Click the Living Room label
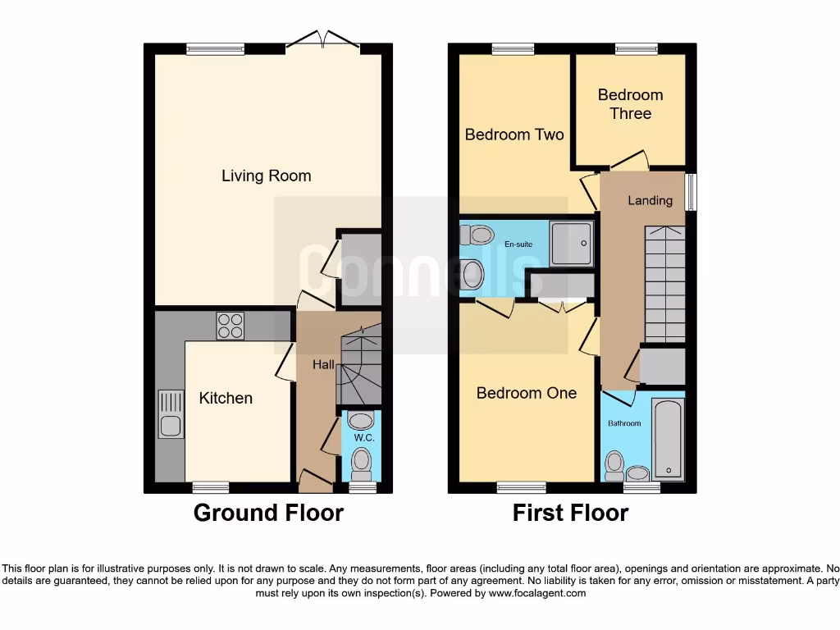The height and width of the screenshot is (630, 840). coord(266,176)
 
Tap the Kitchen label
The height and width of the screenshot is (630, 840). coord(226,398)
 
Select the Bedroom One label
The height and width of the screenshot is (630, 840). coord(526,393)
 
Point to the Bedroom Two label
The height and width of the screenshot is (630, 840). coord(514,134)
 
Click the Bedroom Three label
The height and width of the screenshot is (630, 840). coord(630,104)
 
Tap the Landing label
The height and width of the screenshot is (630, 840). coord(650,200)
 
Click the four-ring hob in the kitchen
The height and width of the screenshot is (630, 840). coord(230,326)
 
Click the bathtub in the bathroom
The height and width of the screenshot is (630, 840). coord(668,438)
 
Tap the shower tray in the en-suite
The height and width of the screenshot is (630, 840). coord(571,244)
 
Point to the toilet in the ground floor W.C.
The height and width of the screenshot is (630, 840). coord(361,464)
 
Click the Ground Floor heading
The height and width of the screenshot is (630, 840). coord(268,514)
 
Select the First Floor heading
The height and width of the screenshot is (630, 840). coord(570,514)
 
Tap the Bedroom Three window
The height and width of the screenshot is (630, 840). coord(630,49)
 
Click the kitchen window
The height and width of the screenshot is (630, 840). coord(211,487)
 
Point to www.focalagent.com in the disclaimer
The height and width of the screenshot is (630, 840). coord(536,593)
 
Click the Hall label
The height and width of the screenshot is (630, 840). coord(322,364)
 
